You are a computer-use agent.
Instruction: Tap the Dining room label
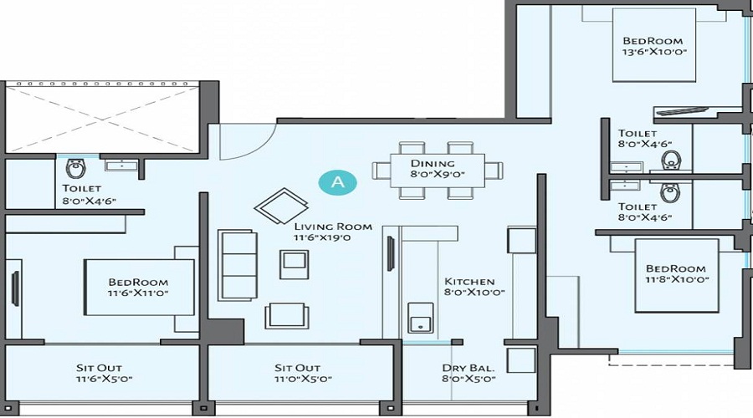438,169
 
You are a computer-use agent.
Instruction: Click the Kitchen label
469,288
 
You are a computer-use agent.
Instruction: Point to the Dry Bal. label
469,373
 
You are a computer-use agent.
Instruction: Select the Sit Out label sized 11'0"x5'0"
297,373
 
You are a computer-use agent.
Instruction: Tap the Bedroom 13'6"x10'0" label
653,47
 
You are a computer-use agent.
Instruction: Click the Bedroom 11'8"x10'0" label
676,273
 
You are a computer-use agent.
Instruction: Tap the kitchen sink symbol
419,319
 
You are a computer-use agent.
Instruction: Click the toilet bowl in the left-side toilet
75,168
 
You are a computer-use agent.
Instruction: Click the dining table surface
438,170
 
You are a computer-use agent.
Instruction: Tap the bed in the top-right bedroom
653,46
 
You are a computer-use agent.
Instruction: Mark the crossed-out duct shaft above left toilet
102,117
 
